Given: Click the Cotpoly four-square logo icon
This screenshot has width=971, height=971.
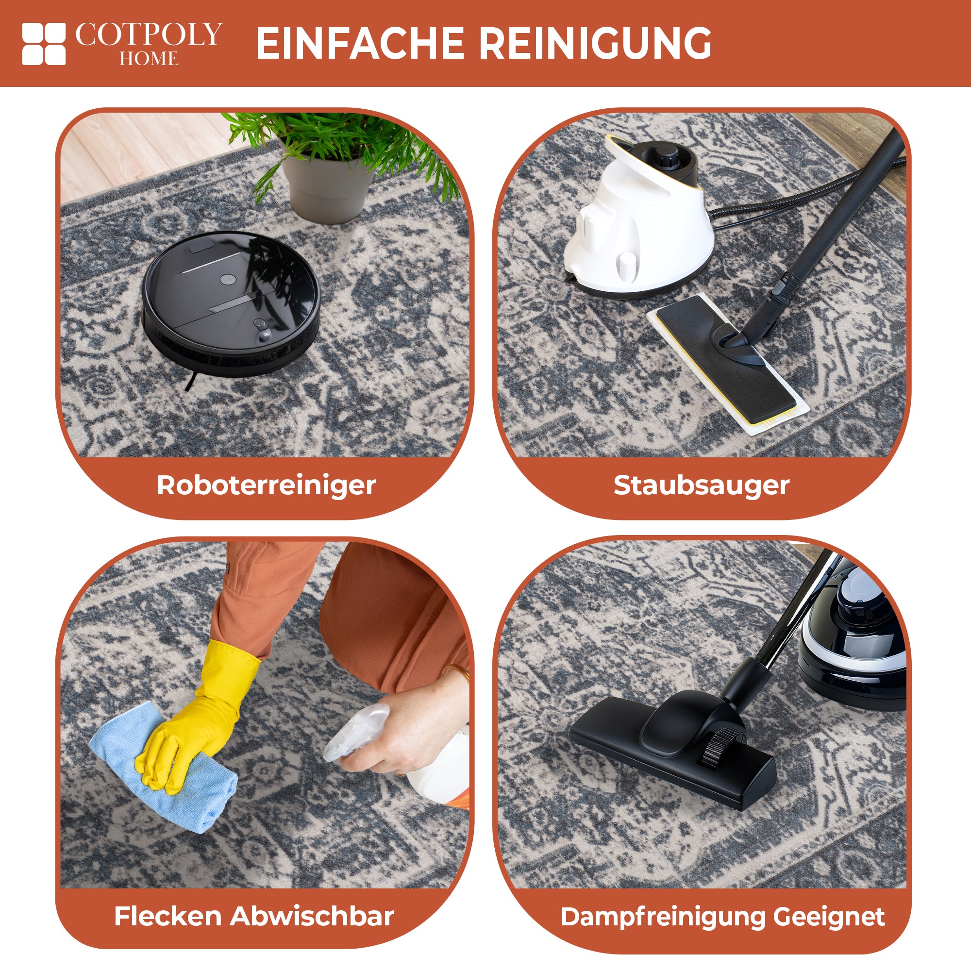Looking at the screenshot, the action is [44, 44].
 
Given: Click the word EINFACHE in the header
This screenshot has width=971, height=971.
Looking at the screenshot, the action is [360, 44].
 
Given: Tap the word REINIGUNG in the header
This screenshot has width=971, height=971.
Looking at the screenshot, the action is [595, 44].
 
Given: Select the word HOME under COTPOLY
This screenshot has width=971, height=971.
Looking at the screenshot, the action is [149, 58].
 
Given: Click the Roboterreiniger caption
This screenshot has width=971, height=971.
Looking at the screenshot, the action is [267, 485].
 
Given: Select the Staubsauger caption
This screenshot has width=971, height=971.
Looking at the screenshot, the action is [702, 485].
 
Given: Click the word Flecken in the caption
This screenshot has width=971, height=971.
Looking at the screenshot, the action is [169, 916].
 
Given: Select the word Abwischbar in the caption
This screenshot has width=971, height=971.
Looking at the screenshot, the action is [312, 916].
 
